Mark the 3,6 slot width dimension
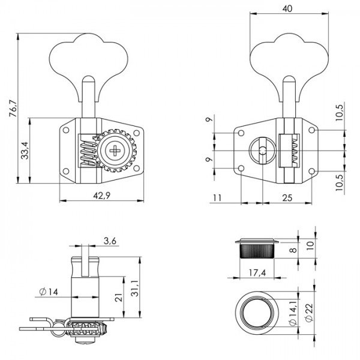[109, 241]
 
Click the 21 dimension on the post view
[118, 296]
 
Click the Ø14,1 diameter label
[292, 315]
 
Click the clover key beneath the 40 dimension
[290, 59]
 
